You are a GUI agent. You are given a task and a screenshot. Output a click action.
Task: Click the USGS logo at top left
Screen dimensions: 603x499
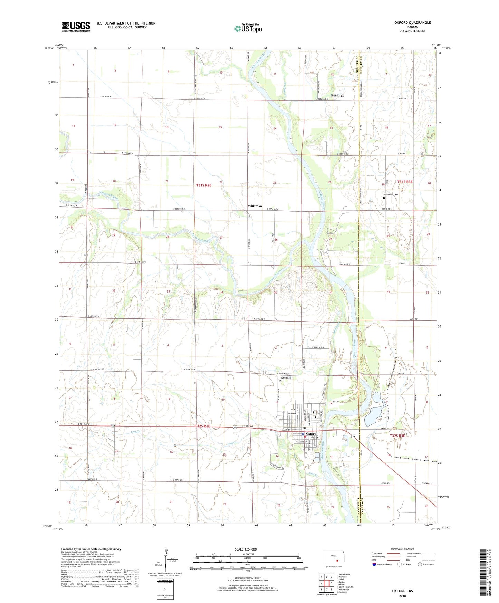coord(76,27)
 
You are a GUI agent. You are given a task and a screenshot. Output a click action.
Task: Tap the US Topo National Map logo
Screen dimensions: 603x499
coord(248,28)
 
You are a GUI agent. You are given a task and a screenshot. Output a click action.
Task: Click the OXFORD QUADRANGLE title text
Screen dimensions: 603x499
coord(412,23)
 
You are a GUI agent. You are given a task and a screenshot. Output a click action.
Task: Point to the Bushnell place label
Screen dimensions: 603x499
coord(337,96)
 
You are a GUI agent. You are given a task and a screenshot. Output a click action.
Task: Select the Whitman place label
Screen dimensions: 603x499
coord(255,206)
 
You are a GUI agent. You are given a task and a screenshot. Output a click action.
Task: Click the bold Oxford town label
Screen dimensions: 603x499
coord(311,434)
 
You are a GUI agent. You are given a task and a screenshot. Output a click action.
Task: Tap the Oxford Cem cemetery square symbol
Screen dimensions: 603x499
coord(281,382)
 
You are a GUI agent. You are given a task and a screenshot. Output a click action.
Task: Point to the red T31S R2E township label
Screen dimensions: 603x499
coord(203,185)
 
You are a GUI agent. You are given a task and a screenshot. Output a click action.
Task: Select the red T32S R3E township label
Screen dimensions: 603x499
coord(397,436)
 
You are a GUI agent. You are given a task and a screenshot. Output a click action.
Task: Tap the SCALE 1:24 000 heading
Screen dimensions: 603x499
coord(246,549)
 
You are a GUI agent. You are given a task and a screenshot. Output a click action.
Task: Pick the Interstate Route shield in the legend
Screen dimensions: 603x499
coord(374,564)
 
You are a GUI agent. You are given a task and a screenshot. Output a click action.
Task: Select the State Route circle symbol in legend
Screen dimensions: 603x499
coord(420,564)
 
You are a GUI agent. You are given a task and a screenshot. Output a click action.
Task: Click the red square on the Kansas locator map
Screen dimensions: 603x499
coord(337,561)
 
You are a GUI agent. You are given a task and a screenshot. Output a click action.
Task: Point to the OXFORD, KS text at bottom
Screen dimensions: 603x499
coord(402,591)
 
